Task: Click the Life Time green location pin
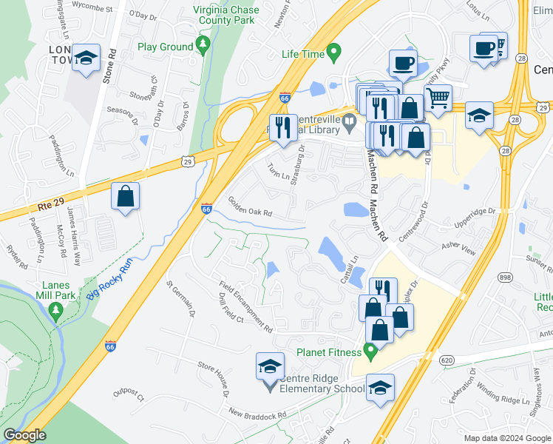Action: pos(334,53)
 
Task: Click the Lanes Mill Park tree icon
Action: pos(54,309)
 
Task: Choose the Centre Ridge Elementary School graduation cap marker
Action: pos(270,366)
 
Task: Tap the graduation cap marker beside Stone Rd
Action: pos(86,58)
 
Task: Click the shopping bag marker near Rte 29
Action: pos(125,197)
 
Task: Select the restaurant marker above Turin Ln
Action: pos(282,127)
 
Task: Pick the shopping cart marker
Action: pos(438,98)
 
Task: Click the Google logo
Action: pos(24,436)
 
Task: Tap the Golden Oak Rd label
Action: pos(251,206)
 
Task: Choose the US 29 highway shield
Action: pos(189,161)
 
